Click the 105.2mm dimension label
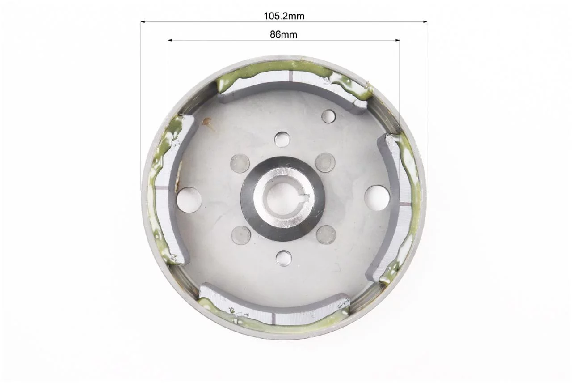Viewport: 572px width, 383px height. [x=284, y=16]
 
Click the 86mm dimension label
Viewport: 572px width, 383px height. [x=283, y=34]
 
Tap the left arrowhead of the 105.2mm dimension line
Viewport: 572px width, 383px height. [x=143, y=22]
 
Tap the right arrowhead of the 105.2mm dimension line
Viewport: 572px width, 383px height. [x=425, y=22]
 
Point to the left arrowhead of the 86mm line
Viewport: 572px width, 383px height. [x=169, y=40]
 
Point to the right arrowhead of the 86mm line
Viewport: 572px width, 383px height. [x=398, y=40]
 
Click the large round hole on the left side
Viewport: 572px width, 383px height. [x=189, y=200]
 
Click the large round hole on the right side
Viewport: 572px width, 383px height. [x=377, y=198]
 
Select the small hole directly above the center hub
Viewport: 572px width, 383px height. [x=282, y=140]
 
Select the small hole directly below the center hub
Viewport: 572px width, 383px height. [x=284, y=258]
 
